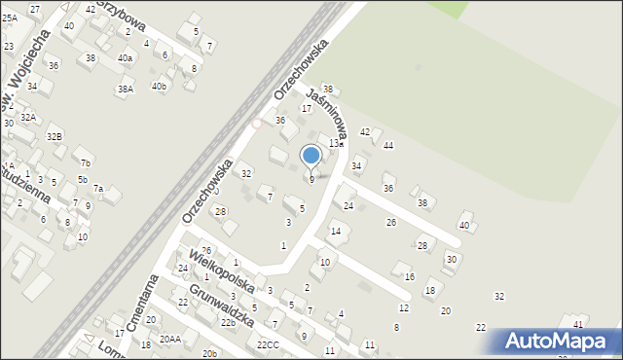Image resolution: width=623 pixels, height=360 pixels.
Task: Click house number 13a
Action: tap(335, 143)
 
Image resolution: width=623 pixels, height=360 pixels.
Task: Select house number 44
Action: tap(387, 145)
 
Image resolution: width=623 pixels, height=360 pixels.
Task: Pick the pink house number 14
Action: tap(336, 231)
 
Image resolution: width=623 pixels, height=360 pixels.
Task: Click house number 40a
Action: tap(125, 58)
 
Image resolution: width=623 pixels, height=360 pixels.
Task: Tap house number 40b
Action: tap(159, 86)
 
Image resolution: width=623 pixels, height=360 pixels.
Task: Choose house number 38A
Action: tap(126, 90)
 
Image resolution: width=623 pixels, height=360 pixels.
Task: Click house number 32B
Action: tap(55, 136)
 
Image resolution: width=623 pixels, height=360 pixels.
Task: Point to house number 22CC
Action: tap(268, 344)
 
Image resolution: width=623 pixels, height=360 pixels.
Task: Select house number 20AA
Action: tap(170, 339)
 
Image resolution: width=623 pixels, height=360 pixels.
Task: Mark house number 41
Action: tap(577, 323)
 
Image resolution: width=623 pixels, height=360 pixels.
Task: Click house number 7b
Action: tap(86, 162)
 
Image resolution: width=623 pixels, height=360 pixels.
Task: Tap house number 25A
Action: tap(9, 18)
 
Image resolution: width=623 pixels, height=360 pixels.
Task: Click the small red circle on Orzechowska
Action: tap(256, 124)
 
